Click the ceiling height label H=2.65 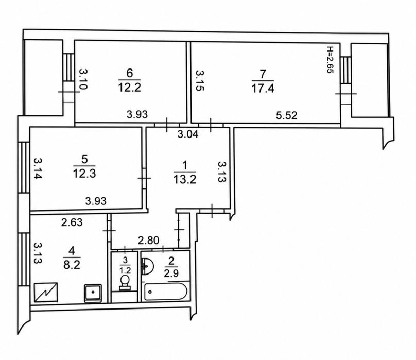(330, 60)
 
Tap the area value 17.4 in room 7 (263, 88)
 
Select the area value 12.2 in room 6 (129, 87)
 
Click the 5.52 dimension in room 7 (287, 115)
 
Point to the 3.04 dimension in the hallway (188, 134)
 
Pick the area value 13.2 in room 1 (185, 179)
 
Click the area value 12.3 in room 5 (84, 174)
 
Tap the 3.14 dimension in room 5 (38, 168)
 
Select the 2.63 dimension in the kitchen (72, 222)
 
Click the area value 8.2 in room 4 (72, 264)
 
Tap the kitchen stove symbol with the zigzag (46, 293)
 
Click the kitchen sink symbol (93, 294)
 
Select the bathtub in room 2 (164, 292)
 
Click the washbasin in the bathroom (147, 266)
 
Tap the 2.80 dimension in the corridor (149, 241)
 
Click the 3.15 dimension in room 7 (200, 80)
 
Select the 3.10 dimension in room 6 (83, 79)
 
